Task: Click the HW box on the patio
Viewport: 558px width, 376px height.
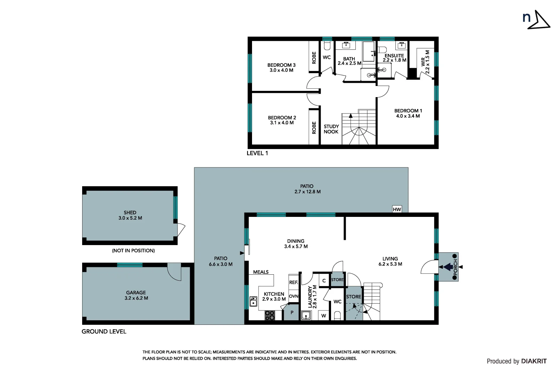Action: pos(397,209)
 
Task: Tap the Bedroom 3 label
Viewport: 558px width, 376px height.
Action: pos(281,65)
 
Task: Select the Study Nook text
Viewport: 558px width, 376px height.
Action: pos(331,129)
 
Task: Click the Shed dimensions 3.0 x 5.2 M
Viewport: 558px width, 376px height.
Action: pos(130,218)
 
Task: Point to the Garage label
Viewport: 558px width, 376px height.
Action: pos(136,292)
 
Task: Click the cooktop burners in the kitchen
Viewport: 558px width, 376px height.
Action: pos(270,315)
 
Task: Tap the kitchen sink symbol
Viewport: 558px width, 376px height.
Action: pos(253,301)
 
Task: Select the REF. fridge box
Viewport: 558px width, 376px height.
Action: pos(293,282)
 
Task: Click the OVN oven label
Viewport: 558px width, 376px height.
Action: pos(293,296)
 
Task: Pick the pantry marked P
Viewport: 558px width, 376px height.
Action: pos(292,313)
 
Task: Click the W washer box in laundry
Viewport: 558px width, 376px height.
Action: pos(324,316)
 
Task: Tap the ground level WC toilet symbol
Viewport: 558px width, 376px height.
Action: pos(337,315)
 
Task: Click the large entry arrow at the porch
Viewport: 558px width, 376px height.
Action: pos(448,267)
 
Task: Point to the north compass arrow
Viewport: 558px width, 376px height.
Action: pos(540,20)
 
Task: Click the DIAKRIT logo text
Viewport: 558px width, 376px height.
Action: pos(534,361)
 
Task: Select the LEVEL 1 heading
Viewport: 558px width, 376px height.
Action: pos(257,153)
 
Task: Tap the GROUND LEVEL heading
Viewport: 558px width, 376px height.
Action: pos(104,331)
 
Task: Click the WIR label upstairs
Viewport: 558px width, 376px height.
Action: pos(423,62)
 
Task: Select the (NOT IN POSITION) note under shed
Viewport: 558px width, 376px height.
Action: pos(133,251)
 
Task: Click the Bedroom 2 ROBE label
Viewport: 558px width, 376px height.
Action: pos(314,128)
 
